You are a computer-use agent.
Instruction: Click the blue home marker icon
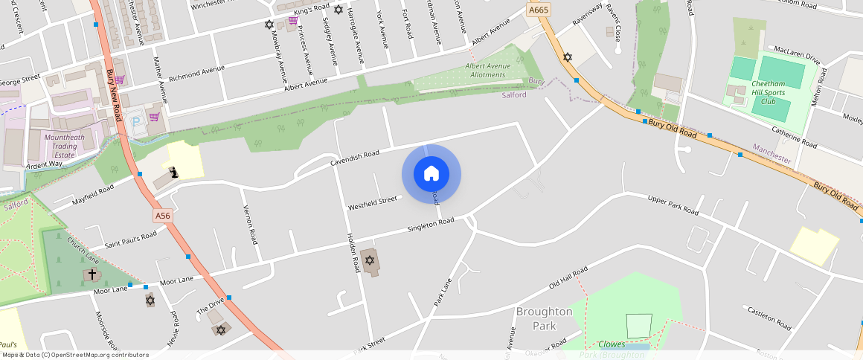pos(431,174)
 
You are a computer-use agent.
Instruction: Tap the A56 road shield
pos(163,216)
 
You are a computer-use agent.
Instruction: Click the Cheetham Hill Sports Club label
pos(769,92)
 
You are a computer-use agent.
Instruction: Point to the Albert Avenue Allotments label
pos(488,71)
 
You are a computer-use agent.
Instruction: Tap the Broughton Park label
pos(544,318)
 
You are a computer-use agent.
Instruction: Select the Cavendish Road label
pos(355,158)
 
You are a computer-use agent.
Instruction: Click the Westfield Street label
pos(373,202)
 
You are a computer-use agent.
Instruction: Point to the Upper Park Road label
pos(673,205)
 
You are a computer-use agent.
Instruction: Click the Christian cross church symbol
pos(92,274)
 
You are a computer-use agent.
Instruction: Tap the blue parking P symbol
pos(135,120)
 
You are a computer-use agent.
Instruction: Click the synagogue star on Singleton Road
pos(369,260)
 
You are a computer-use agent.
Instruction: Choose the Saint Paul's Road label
pos(130,240)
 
